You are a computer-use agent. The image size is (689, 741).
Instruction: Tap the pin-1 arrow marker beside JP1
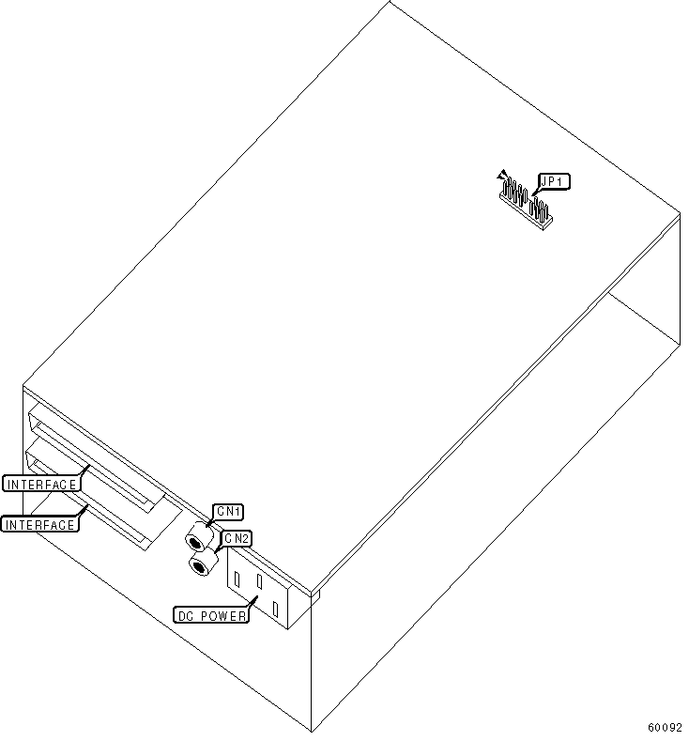(x=503, y=175)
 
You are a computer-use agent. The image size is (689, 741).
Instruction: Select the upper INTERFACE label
(x=40, y=484)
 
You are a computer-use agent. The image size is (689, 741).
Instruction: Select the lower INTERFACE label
(x=40, y=525)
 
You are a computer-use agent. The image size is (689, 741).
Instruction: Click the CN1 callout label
(x=229, y=511)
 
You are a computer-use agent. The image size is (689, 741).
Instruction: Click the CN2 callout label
(x=237, y=538)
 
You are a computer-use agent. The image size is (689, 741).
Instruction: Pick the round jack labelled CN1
(x=197, y=540)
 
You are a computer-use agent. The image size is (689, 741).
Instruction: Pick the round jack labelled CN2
(x=199, y=565)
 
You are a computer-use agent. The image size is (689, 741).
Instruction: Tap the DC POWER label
(x=212, y=616)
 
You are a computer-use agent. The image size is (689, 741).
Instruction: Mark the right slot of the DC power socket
(x=275, y=610)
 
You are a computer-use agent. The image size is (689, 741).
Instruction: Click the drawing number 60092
(x=665, y=727)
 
